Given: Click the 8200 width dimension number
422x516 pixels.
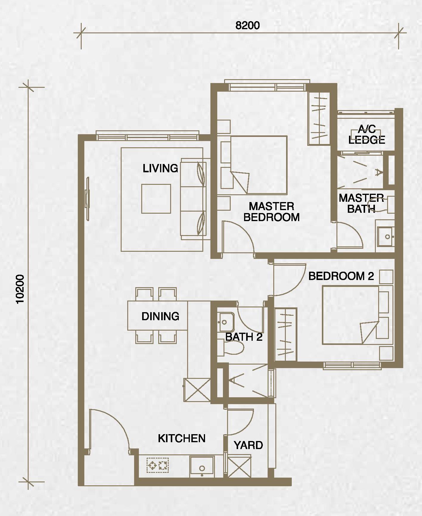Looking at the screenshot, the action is click(247, 26).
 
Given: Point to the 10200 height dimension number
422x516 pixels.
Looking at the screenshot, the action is click(21, 289).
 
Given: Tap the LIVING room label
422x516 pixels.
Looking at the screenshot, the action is click(160, 168).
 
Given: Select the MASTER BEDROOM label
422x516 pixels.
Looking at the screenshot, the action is click(271, 212).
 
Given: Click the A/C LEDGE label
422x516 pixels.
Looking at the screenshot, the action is click(367, 135).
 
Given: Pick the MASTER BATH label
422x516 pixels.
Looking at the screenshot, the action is click(361, 204).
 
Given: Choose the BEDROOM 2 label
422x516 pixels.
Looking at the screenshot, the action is click(341, 276).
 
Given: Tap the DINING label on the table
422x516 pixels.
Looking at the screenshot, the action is click(160, 316).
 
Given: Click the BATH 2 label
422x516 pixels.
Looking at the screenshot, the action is click(244, 337).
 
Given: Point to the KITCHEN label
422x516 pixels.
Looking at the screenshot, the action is click(182, 438).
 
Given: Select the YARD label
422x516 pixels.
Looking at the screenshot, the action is click(248, 445).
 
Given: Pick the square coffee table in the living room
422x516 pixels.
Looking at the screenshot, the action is click(156, 199).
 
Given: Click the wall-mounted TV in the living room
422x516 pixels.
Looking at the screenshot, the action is click(87, 199).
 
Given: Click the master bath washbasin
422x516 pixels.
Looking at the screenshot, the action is click(386, 237).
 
